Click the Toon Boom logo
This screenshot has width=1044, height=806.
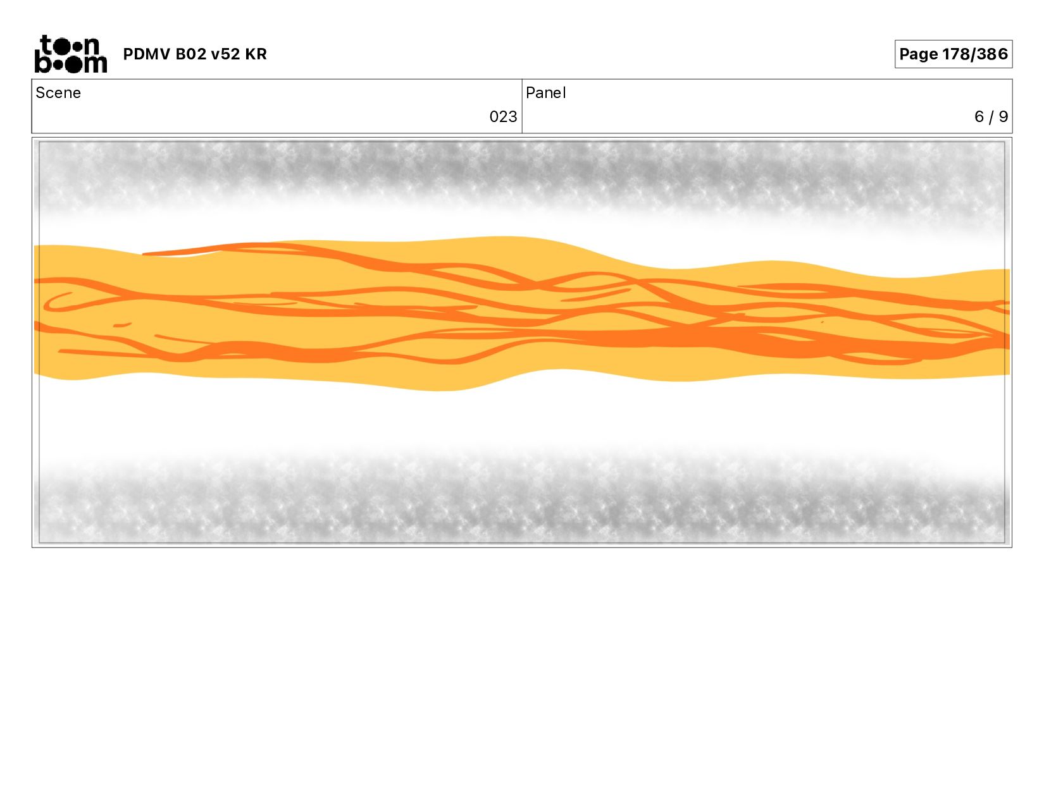click(71, 54)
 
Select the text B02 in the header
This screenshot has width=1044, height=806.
click(190, 54)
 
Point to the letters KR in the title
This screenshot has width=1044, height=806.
click(256, 54)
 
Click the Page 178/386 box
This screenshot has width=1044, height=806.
click(953, 54)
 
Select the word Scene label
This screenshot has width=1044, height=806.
click(58, 93)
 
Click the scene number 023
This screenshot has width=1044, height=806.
click(503, 117)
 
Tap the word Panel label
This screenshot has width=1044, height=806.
click(546, 93)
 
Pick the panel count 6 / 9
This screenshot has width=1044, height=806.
click(991, 117)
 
